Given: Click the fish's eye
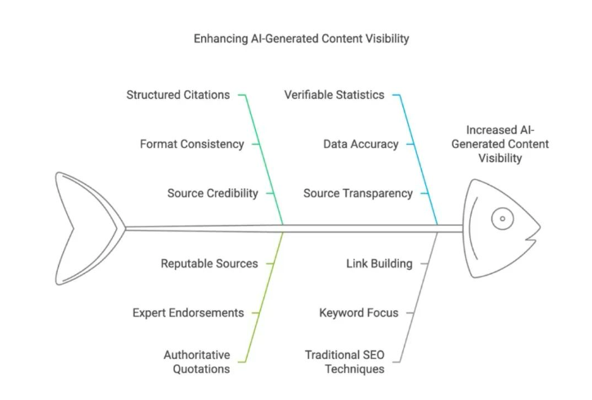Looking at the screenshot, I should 501,218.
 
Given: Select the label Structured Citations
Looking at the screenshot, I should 177,95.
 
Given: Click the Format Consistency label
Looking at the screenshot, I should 191,144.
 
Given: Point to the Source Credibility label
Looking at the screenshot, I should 213,193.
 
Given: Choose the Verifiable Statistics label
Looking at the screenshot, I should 334,95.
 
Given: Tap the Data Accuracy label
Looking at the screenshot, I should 361,144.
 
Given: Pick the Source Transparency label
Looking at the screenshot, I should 357,193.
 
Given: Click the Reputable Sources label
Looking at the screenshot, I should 209,263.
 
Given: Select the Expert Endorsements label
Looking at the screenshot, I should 188,312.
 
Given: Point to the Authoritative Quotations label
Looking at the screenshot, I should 196,362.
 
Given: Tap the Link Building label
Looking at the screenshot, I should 379,263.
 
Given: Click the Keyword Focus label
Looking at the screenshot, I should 359,312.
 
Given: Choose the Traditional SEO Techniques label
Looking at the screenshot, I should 344,362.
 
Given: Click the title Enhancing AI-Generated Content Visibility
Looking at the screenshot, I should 301,38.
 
